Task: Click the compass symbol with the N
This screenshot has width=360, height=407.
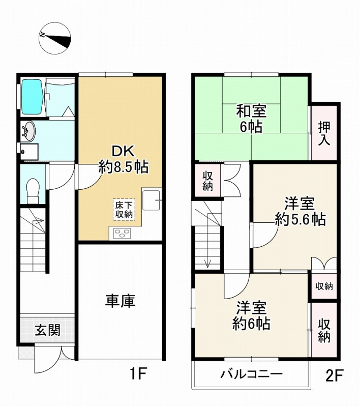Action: pyautogui.click(x=55, y=39)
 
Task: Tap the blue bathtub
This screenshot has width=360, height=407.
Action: pyautogui.click(x=32, y=97)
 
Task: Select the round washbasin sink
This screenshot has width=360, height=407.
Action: pyautogui.click(x=28, y=132)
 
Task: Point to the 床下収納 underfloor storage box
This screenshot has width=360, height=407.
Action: pyautogui.click(x=124, y=210)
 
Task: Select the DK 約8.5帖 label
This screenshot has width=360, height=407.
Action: pyautogui.click(x=123, y=159)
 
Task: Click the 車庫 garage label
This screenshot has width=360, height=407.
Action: pyautogui.click(x=120, y=301)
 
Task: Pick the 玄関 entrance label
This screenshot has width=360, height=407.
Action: pyautogui.click(x=48, y=330)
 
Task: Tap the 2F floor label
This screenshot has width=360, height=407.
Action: pyautogui.click(x=335, y=375)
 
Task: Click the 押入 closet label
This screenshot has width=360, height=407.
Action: pyautogui.click(x=324, y=134)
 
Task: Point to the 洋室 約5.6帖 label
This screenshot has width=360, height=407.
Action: pyautogui.click(x=300, y=211)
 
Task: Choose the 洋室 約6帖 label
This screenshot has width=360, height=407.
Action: pyautogui.click(x=251, y=315)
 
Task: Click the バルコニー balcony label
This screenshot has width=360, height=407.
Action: pyautogui.click(x=251, y=374)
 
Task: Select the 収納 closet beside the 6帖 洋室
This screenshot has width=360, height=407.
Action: pyautogui.click(x=324, y=330)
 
